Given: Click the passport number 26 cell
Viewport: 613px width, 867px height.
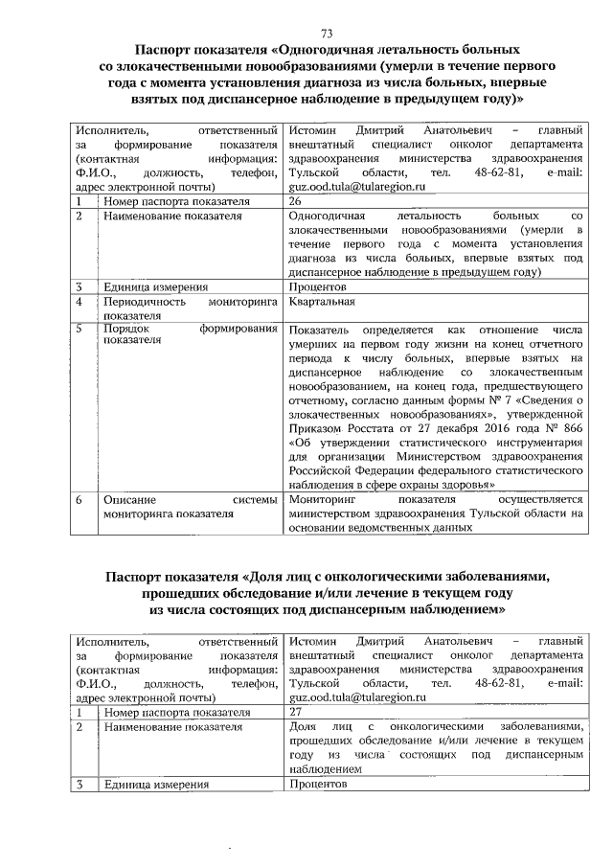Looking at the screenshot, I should click(295, 202).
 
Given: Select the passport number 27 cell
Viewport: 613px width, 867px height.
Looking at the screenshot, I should click(295, 712).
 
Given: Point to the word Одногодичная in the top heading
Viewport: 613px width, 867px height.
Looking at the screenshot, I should click(334, 48).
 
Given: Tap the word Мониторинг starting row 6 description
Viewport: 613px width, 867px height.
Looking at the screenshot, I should click(322, 499).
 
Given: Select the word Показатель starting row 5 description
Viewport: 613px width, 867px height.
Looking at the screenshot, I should click(322, 328).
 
